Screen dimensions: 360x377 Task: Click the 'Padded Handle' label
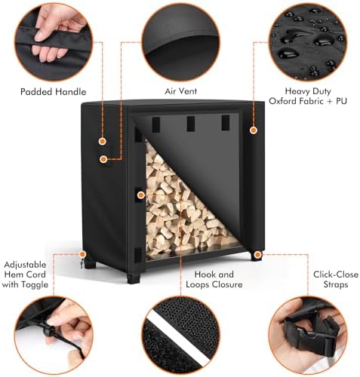tap(53, 92)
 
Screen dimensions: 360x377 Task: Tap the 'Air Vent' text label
tap(180, 91)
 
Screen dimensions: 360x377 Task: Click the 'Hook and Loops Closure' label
tap(214, 279)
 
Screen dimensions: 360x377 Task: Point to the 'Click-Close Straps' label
tap(336, 279)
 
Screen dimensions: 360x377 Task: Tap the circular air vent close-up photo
tap(180, 41)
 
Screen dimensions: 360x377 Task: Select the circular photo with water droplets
tap(308, 41)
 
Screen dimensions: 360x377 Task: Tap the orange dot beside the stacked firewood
tap(141, 195)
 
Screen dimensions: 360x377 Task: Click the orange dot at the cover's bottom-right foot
tap(257, 255)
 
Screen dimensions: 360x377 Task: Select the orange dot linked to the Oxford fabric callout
tap(254, 130)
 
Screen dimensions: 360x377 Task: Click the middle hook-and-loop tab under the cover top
tap(191, 124)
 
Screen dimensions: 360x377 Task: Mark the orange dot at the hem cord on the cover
tap(82, 254)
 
